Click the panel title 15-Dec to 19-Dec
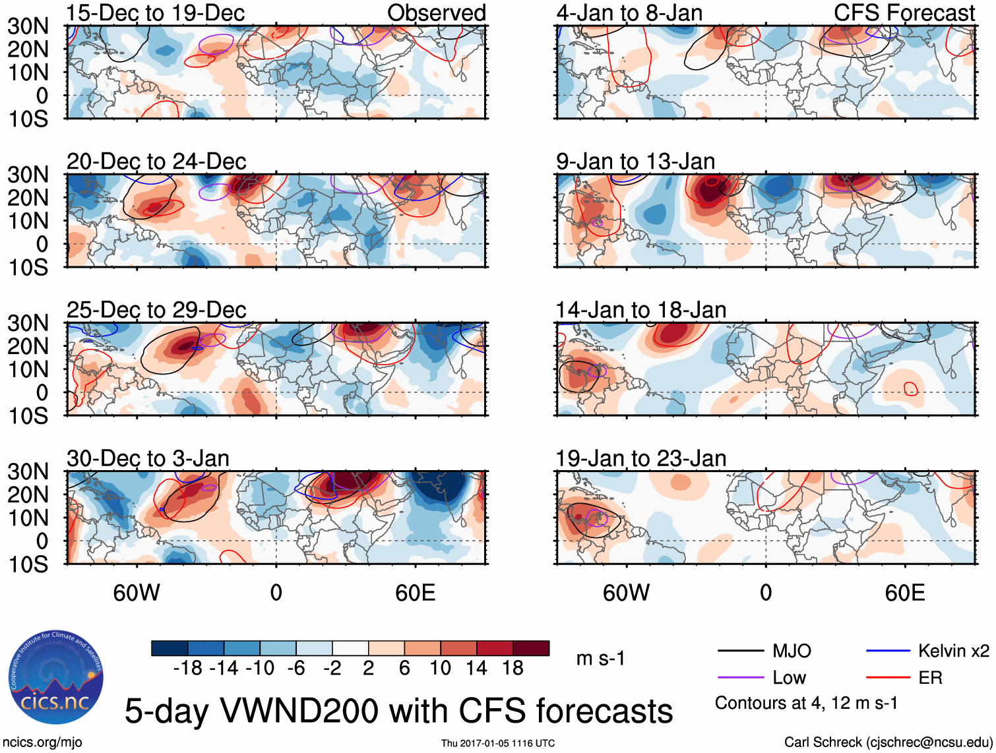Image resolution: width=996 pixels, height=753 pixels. click(155, 13)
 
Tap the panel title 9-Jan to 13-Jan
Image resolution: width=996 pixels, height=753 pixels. click(635, 162)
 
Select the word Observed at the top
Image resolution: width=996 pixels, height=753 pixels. click(436, 13)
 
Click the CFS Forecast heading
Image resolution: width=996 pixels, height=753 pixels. click(904, 13)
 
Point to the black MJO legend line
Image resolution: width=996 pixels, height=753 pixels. click(741, 651)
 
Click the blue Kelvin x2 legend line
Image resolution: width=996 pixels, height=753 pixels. click(888, 651)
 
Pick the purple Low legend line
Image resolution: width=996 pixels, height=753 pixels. click(741, 678)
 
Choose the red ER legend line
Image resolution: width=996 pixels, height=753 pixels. click(888, 678)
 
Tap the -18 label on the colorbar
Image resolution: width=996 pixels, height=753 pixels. click(188, 669)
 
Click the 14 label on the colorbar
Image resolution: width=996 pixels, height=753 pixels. click(476, 669)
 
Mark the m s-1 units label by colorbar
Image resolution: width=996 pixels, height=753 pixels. click(600, 659)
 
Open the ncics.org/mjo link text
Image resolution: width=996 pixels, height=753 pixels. click(42, 742)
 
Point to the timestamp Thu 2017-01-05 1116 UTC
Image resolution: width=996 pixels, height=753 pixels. click(498, 743)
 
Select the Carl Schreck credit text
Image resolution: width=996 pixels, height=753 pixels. click(888, 742)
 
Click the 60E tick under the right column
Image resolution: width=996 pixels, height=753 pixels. click(904, 593)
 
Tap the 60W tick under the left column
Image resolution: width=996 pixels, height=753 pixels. click(137, 593)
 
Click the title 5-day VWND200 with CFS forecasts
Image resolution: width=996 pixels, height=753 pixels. click(398, 711)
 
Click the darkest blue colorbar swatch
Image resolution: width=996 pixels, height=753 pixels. click(170, 649)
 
